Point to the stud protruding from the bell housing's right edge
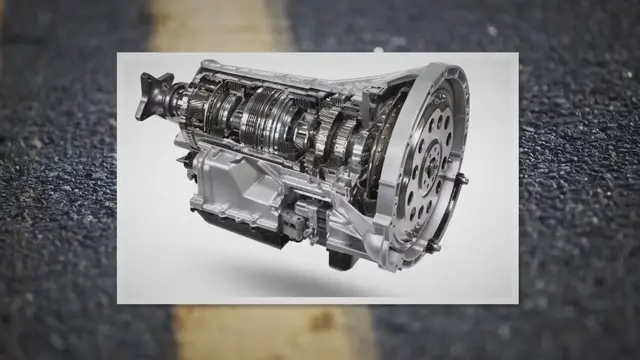pos(461,181)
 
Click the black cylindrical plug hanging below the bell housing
pos(340,257)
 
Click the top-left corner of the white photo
pos(118,54)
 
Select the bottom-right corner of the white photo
pos(517,301)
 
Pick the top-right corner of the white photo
pos(517,54)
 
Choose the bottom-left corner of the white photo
pos(118,301)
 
